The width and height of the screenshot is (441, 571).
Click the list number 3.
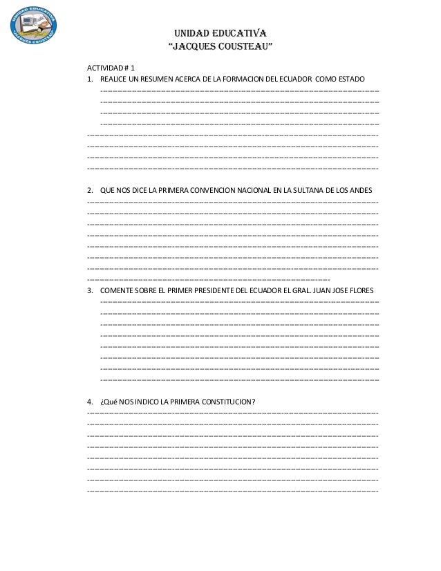(x=90, y=291)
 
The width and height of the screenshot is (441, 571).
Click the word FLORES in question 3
(x=364, y=291)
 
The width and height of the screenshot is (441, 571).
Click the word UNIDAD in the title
(x=191, y=33)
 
